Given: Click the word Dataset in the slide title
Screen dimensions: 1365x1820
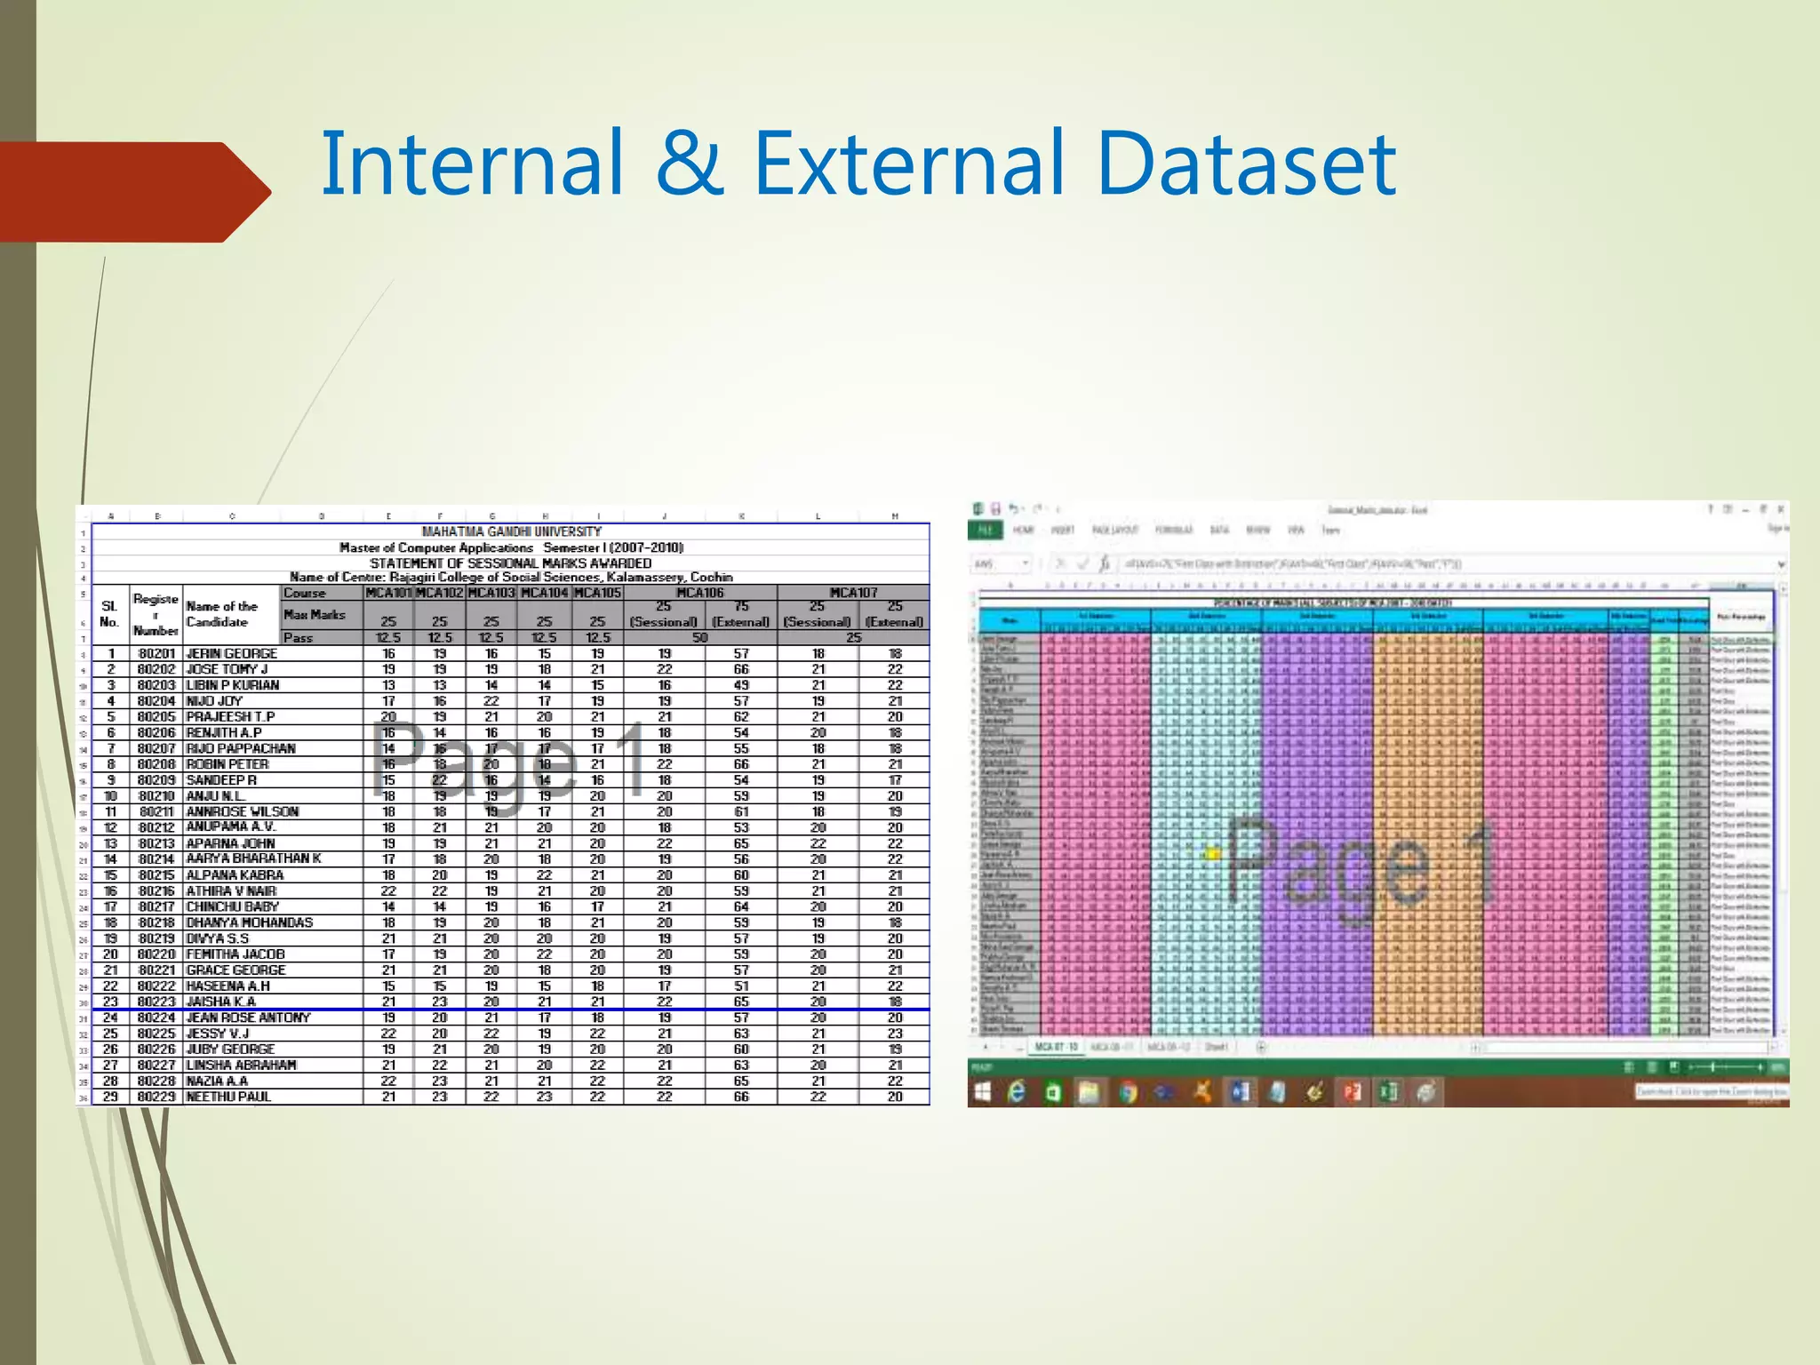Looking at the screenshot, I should click(1247, 164).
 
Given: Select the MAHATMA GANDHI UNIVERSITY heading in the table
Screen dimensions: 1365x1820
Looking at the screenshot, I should click(511, 531).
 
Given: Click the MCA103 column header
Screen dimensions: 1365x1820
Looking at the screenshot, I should click(491, 593).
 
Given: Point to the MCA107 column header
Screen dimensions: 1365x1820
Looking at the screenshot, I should click(853, 593).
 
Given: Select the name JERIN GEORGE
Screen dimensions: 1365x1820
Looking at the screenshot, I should click(231, 653).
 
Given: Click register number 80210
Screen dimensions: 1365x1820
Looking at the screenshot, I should click(156, 796).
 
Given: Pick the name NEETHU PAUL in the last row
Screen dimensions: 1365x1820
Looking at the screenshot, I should click(228, 1097).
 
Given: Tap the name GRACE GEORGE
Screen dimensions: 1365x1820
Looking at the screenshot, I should click(235, 970).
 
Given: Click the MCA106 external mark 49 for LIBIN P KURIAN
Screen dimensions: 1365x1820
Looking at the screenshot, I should click(741, 685).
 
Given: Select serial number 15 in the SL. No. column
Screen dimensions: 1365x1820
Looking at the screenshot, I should click(110, 875).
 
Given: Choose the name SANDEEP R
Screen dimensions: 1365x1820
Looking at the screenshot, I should click(221, 780).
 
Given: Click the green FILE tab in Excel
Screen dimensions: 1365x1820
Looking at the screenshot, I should click(985, 531).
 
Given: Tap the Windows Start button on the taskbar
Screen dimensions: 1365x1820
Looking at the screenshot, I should click(982, 1091).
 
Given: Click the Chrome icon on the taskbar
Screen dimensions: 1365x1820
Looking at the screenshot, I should click(1128, 1091).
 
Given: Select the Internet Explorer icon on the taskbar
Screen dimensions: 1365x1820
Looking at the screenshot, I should click(1017, 1091).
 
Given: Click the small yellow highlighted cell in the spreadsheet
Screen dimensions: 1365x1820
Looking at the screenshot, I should click(1211, 854).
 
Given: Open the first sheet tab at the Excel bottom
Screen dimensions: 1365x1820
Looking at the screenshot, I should click(1056, 1047).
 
